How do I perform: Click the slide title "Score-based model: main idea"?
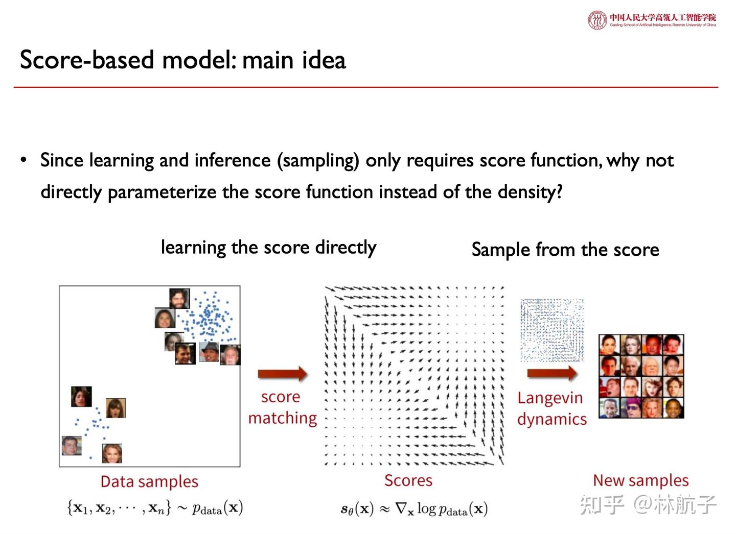[x=182, y=60]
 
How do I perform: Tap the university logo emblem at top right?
[x=597, y=20]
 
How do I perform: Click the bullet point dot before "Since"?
[x=24, y=160]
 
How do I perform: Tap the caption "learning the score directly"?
[x=268, y=248]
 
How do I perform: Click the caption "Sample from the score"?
[x=565, y=250]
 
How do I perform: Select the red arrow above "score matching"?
[x=282, y=374]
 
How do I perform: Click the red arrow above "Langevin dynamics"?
[x=552, y=373]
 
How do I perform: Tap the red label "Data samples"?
[x=149, y=481]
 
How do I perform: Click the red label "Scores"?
[x=408, y=480]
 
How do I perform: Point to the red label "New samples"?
[x=640, y=480]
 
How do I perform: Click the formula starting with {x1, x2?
[x=155, y=508]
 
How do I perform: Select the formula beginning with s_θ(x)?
[x=414, y=509]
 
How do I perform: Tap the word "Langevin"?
[x=550, y=398]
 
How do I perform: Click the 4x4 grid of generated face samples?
[x=641, y=376]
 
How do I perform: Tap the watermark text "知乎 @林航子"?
[x=648, y=504]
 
